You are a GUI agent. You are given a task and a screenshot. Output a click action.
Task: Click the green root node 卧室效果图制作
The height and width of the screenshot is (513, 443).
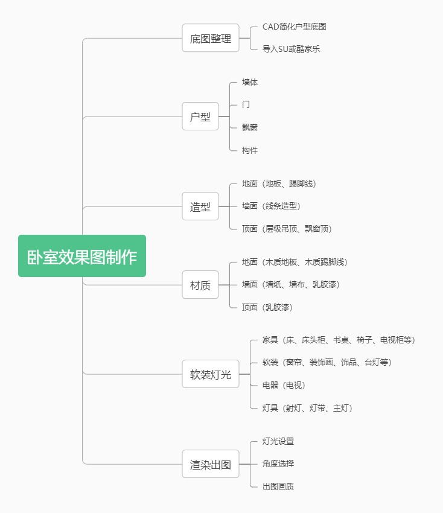pyautogui.click(x=82, y=256)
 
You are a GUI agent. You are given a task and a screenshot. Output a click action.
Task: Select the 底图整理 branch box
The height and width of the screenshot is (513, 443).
pyautogui.click(x=211, y=38)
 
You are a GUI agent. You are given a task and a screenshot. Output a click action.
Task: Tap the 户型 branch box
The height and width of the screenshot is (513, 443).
pyautogui.click(x=200, y=116)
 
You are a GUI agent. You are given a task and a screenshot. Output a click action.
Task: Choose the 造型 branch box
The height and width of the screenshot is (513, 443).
pyautogui.click(x=200, y=206)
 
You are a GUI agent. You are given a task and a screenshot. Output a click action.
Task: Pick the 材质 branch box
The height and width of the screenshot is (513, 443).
pyautogui.click(x=200, y=285)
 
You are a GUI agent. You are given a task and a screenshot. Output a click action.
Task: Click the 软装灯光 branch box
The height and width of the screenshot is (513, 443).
pyautogui.click(x=211, y=374)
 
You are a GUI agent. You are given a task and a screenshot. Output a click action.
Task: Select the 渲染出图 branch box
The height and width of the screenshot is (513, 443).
pyautogui.click(x=211, y=464)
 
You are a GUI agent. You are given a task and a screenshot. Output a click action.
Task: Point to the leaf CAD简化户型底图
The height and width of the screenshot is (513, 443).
pyautogui.click(x=295, y=27)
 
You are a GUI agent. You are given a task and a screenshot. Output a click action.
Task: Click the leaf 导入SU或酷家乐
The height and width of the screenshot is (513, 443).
pyautogui.click(x=291, y=49)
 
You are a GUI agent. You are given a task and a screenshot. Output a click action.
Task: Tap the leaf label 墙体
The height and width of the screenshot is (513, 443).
pyautogui.click(x=250, y=82)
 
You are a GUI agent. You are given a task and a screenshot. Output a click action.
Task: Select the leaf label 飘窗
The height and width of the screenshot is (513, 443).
pyautogui.click(x=250, y=127)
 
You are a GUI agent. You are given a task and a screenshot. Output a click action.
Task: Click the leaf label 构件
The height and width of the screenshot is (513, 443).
pyautogui.click(x=250, y=150)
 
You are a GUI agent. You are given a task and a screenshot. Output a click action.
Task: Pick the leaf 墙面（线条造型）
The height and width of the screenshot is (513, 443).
pyautogui.click(x=271, y=206)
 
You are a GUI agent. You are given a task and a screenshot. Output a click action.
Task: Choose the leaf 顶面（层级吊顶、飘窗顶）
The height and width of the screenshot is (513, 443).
pyautogui.click(x=287, y=229)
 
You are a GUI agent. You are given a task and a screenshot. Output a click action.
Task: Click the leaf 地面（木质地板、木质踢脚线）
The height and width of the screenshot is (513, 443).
pyautogui.click(x=295, y=262)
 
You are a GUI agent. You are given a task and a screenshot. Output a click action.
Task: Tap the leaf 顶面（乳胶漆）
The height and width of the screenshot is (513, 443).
pyautogui.click(x=267, y=307)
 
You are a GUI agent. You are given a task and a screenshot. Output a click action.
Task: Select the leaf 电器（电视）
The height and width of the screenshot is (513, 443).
pyautogui.click(x=288, y=385)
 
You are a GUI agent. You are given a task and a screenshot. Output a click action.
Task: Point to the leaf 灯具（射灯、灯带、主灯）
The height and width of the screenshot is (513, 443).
pyautogui.click(x=307, y=408)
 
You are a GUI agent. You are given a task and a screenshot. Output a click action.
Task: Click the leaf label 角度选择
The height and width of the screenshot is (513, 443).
pyautogui.click(x=278, y=464)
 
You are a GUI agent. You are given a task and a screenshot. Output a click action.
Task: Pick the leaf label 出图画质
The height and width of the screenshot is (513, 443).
pyautogui.click(x=278, y=486)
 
